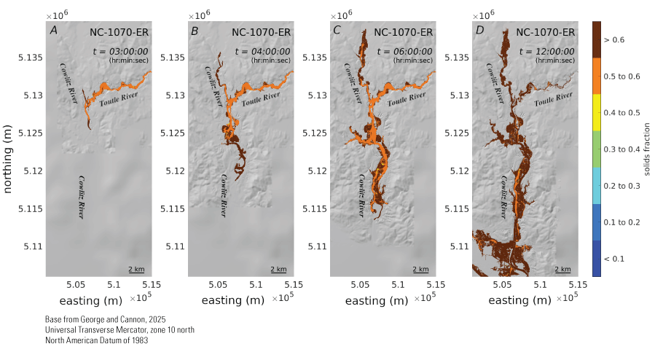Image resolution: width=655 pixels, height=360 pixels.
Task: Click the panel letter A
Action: (53, 31)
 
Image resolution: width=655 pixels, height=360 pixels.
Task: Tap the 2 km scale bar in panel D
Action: (565, 270)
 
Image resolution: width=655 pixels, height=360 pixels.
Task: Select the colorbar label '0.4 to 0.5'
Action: (624, 112)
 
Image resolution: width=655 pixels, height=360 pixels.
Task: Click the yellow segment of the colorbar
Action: (596, 112)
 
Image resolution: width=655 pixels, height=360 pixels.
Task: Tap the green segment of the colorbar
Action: (596, 149)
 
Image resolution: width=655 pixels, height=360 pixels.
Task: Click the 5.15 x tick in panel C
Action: (436, 284)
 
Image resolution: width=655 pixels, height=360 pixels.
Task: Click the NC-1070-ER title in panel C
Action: (404, 32)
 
